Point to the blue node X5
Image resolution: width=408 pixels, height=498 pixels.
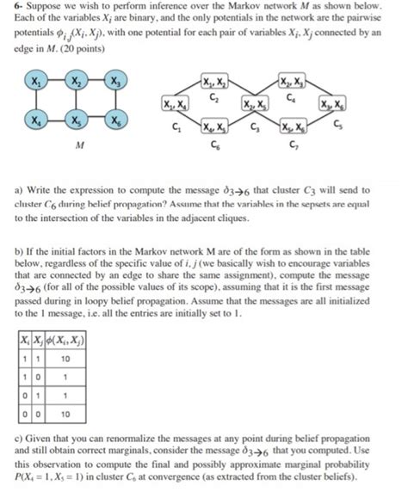tap(77, 121)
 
